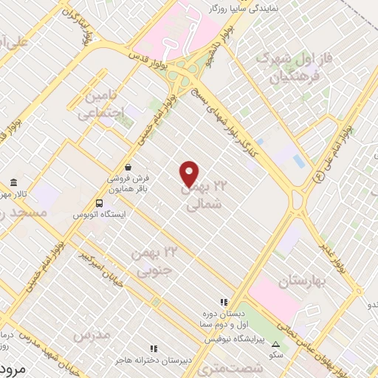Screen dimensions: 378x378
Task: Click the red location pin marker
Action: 190,173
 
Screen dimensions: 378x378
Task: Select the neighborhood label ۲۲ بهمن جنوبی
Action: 155,261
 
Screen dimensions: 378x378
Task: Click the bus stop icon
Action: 99,202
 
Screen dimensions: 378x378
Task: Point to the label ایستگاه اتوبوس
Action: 99,214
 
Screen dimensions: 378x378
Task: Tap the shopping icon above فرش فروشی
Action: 129,167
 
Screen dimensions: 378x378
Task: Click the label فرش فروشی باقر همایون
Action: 129,183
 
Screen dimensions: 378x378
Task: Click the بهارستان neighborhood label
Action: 303,281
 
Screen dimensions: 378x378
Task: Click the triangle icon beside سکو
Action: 275,344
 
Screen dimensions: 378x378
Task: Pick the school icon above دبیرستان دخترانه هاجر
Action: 154,348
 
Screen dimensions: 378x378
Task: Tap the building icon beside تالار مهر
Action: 13,183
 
